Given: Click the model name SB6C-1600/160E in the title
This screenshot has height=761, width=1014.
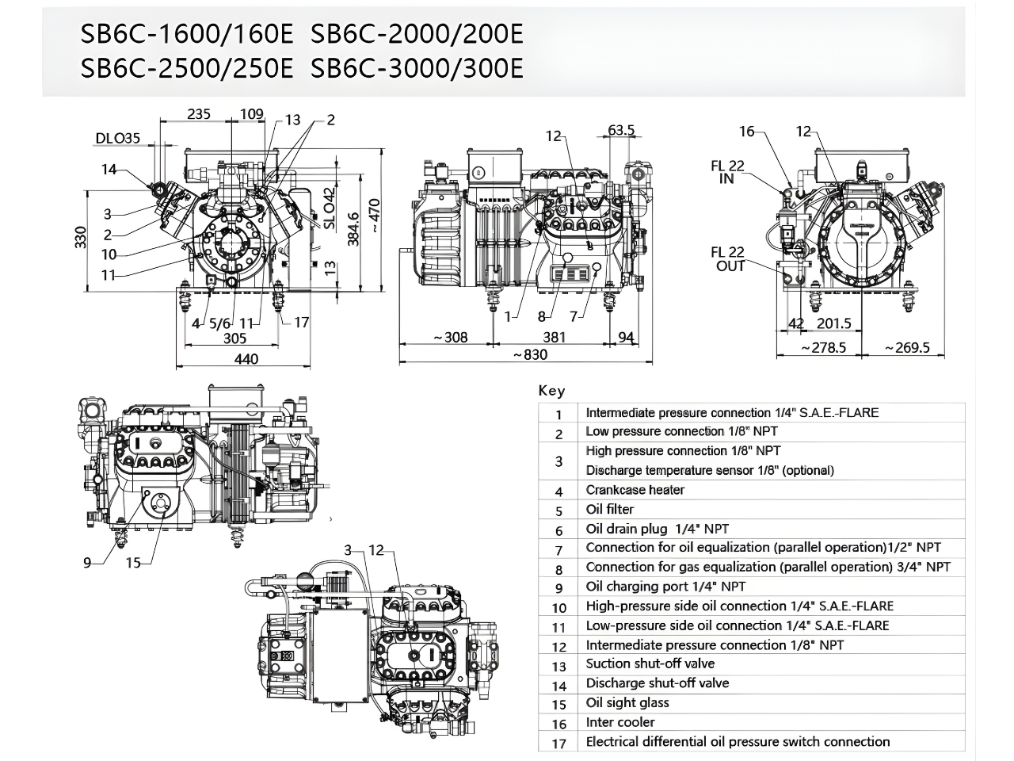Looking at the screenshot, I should click(187, 34).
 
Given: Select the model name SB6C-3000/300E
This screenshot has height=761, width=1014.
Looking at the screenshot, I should click(417, 69).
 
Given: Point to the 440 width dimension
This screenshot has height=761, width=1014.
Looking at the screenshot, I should click(246, 359).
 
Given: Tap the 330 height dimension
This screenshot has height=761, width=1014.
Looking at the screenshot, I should click(81, 237).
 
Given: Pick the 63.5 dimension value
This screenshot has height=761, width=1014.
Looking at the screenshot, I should click(621, 130).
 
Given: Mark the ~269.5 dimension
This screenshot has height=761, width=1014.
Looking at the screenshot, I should click(907, 347).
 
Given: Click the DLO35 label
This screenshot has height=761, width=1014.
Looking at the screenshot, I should click(117, 139).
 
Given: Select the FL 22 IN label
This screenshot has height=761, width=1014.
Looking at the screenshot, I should click(727, 172).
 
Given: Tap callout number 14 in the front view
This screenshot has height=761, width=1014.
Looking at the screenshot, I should click(109, 169).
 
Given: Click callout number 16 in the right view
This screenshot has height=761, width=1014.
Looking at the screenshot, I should click(747, 131).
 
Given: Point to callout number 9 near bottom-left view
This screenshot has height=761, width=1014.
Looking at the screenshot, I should click(88, 562).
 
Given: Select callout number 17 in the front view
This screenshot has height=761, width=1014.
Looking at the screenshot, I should click(301, 322).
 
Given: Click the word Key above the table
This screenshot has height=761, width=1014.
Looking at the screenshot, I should click(551, 390).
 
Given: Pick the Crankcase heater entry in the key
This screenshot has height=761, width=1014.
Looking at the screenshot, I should click(635, 490).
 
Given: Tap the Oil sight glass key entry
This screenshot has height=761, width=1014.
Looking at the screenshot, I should click(627, 702).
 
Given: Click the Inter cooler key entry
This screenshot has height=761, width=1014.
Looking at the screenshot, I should click(620, 722).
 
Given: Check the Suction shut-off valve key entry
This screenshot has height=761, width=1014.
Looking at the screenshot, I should click(650, 663).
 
